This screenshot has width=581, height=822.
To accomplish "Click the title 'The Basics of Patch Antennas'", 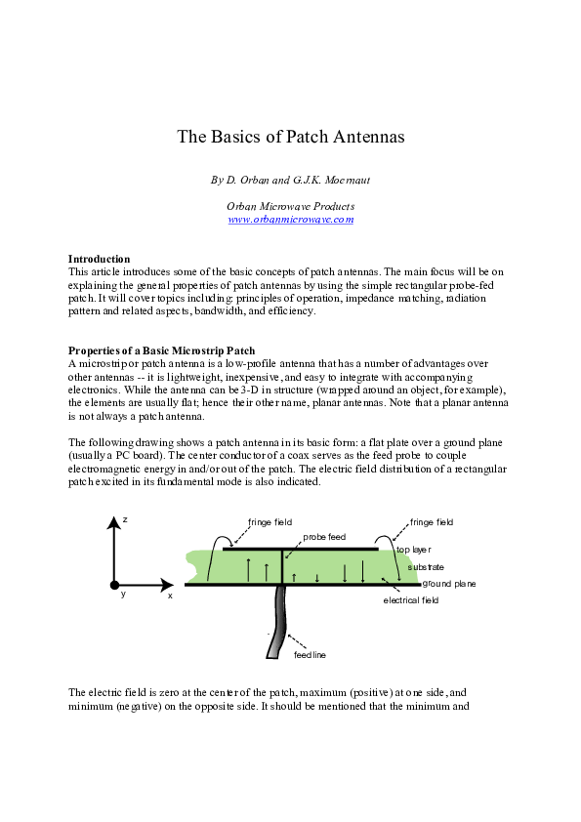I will coord(290,137).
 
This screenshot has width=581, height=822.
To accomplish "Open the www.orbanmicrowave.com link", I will coord(290,220).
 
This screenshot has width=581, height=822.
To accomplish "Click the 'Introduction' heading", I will coord(100,259).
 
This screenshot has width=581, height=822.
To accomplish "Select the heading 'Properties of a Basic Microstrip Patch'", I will coord(162,350).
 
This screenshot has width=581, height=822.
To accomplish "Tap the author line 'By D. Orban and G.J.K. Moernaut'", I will coord(290,181).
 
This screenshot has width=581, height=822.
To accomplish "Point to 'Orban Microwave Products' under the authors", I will coord(290,206).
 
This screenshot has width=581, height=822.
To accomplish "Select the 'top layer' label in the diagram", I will coord(415,550).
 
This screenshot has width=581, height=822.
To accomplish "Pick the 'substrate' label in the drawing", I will coord(427,566).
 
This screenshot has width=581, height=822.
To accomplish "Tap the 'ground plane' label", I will coord(449,584).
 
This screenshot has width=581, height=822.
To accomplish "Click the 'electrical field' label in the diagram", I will coord(411,600).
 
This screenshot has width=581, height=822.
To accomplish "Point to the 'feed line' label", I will coord(310,654).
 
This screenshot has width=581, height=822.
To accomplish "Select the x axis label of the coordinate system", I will coord(170,595).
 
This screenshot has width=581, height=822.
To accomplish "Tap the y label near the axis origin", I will coord(123,594).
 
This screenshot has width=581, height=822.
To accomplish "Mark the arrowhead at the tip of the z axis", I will coord(115,521).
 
